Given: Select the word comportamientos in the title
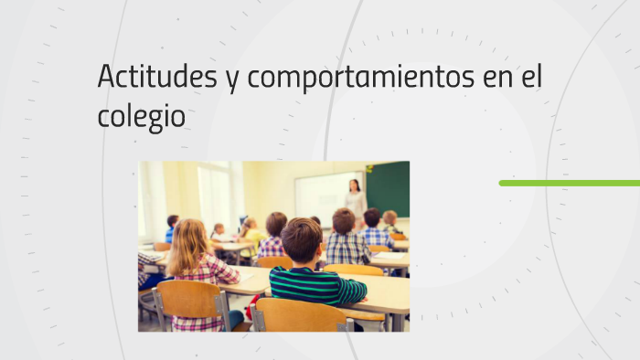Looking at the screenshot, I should [x=360, y=79].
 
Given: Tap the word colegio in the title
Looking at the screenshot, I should [x=141, y=117].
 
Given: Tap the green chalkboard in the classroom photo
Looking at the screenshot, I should [x=388, y=188].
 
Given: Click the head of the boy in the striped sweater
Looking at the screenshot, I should [x=301, y=239].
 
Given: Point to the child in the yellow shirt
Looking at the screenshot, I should [x=249, y=234].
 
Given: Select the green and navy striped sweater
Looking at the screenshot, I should [x=315, y=286].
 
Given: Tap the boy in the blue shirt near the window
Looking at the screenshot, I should [x=172, y=228].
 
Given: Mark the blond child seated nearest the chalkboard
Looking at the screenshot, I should [x=390, y=220].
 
